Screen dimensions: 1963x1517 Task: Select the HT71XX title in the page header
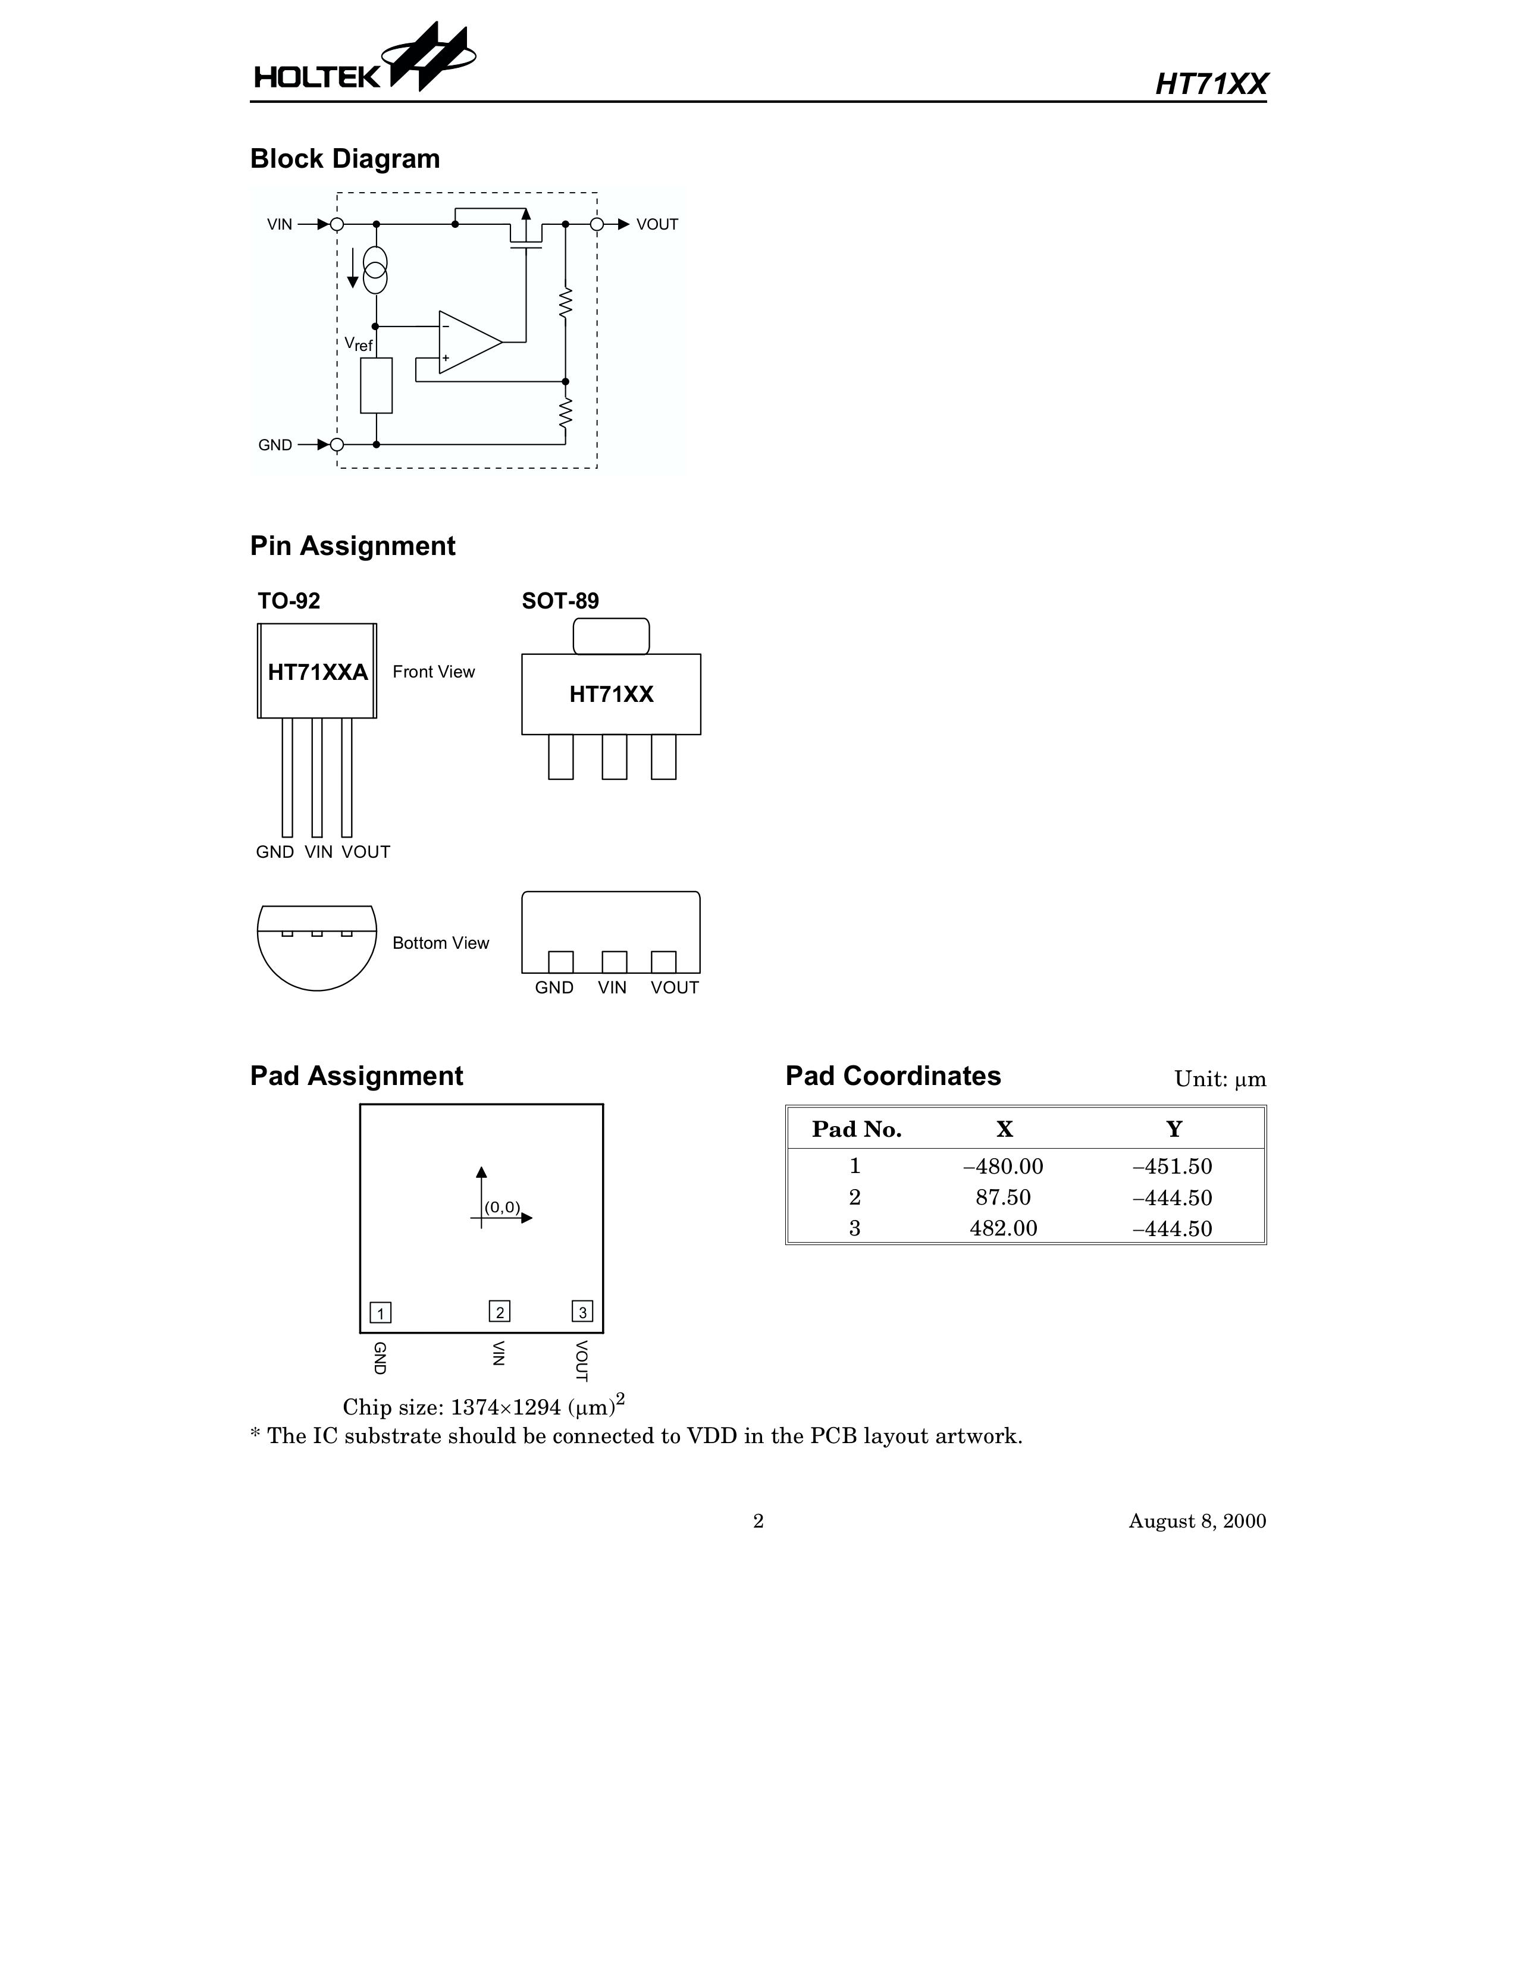(x=1211, y=84)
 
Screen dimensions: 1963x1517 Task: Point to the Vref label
(x=358, y=344)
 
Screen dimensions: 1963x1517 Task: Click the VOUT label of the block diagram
(x=657, y=225)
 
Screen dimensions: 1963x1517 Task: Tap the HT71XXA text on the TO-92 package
(x=317, y=672)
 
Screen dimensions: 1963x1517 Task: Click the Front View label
(x=433, y=672)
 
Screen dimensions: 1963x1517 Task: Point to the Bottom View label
(x=440, y=943)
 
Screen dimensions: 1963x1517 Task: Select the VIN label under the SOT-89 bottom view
(x=612, y=988)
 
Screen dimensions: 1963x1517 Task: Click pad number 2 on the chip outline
(x=500, y=1312)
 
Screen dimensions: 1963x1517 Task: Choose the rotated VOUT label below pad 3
(x=581, y=1361)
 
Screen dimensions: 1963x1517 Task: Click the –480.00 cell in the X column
(x=1003, y=1166)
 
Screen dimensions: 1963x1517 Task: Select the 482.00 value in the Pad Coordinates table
(x=1003, y=1229)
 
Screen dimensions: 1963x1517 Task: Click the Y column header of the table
(x=1174, y=1130)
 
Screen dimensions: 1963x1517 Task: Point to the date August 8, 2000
(x=1197, y=1521)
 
